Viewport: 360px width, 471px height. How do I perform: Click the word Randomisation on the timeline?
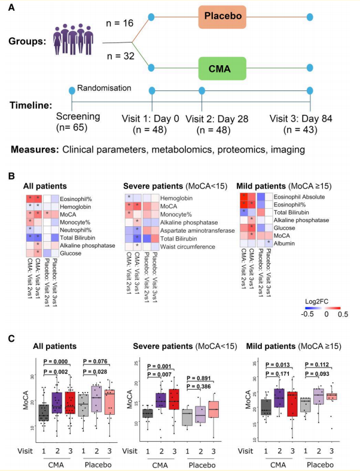pos(105,88)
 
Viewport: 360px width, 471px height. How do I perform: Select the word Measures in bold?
pos(35,148)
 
